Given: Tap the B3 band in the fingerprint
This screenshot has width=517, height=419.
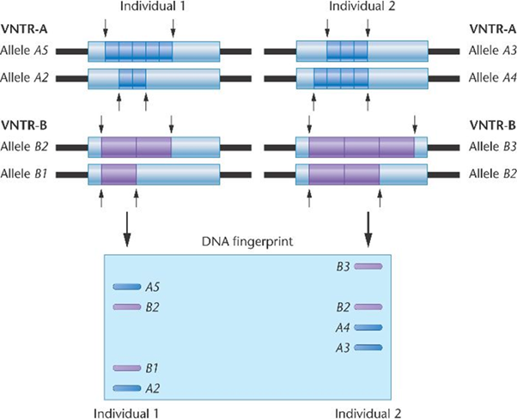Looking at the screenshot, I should [368, 266].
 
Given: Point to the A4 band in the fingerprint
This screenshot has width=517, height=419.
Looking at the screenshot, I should [368, 327].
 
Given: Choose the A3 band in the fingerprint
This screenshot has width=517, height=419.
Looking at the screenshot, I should [368, 347].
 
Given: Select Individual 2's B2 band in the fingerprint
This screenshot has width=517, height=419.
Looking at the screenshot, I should [368, 307].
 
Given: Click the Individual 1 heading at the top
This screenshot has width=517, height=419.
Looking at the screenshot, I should [138, 7].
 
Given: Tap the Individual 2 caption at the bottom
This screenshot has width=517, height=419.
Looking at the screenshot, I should [368, 410].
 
